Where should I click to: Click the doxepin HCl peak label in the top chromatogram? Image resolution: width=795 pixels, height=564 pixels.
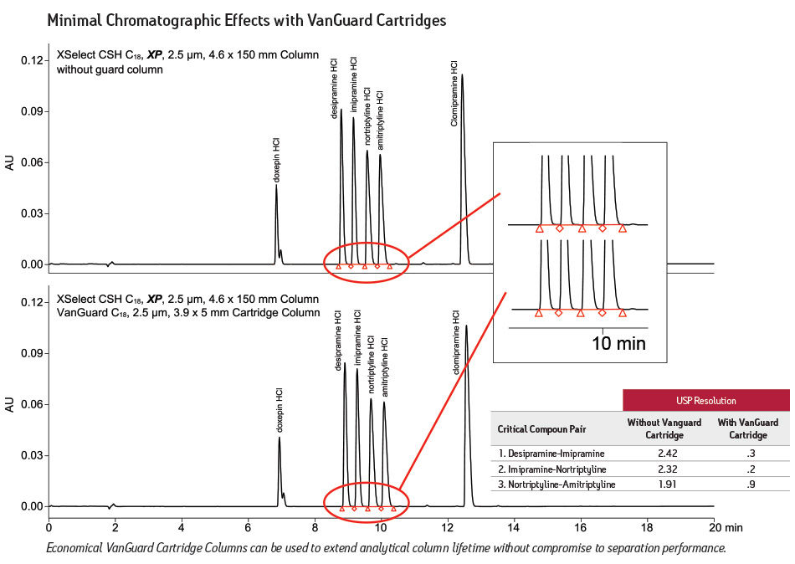[277, 158]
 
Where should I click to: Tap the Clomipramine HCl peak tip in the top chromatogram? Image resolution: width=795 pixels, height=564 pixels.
[462, 75]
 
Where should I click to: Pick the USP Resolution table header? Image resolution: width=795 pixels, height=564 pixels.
[705, 400]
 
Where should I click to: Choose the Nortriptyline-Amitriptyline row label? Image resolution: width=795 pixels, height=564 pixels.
[556, 484]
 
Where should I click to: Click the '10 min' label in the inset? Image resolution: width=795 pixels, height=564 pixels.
[619, 343]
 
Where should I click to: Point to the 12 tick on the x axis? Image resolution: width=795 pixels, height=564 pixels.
[448, 529]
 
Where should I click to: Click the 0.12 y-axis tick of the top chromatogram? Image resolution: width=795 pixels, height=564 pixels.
[33, 60]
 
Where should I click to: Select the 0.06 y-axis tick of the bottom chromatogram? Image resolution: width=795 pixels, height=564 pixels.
[33, 405]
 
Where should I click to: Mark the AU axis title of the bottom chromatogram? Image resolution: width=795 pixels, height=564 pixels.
[10, 404]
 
